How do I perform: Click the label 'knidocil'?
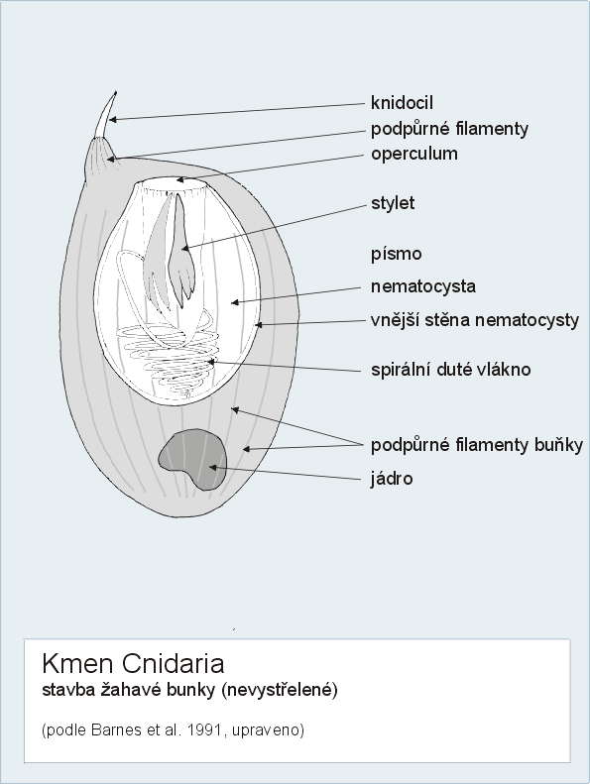(402, 102)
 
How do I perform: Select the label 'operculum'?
(414, 154)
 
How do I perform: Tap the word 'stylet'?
(393, 203)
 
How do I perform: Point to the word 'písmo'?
(397, 254)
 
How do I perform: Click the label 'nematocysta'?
(423, 286)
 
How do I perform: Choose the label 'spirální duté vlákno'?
(451, 370)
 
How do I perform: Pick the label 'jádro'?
(392, 479)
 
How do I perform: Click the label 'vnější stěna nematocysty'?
(475, 320)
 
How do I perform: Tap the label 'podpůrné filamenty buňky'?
(477, 444)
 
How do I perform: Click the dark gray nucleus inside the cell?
(192, 459)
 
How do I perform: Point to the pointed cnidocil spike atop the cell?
(106, 114)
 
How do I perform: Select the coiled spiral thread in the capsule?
(167, 360)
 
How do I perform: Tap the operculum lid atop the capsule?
(175, 185)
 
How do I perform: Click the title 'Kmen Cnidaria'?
(133, 663)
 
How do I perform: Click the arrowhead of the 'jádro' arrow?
(212, 467)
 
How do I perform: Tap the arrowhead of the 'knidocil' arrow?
(113, 119)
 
